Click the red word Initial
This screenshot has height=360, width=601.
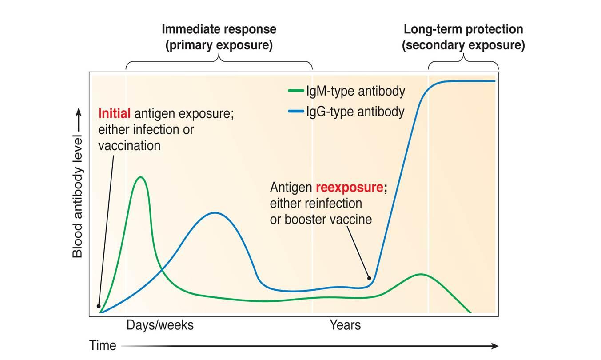click(x=114, y=113)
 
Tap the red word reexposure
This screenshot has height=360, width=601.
click(x=350, y=187)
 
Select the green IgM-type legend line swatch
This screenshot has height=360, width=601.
click(x=296, y=91)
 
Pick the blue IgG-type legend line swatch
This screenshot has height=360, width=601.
click(x=296, y=111)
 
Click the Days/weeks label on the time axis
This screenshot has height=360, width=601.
click(x=160, y=325)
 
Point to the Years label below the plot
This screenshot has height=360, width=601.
click(x=345, y=325)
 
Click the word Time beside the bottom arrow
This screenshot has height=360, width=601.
click(x=103, y=345)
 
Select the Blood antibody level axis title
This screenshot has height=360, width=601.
click(x=77, y=196)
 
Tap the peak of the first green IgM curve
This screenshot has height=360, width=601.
click(x=141, y=177)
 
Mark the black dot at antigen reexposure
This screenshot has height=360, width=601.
click(x=369, y=278)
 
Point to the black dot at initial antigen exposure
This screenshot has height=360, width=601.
click(x=99, y=306)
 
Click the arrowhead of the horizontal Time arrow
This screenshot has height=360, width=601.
click(x=495, y=346)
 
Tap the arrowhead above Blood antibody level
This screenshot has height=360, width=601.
click(x=78, y=112)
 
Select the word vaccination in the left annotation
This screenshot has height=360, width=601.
click(x=129, y=146)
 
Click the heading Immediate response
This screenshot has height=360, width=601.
click(x=219, y=29)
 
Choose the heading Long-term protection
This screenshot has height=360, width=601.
click(x=463, y=29)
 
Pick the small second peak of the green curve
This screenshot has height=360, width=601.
click(x=421, y=274)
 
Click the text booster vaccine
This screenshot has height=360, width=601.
click(x=328, y=219)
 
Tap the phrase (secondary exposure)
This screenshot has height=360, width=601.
click(x=463, y=45)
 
